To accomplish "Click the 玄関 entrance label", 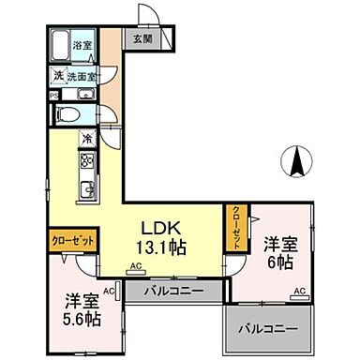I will pos(141,39).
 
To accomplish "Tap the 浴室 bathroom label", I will pos(83,44).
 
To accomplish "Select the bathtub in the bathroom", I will pos(60,45).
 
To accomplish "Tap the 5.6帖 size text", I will pos(81,319).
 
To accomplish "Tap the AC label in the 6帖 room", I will pos(299,293).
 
